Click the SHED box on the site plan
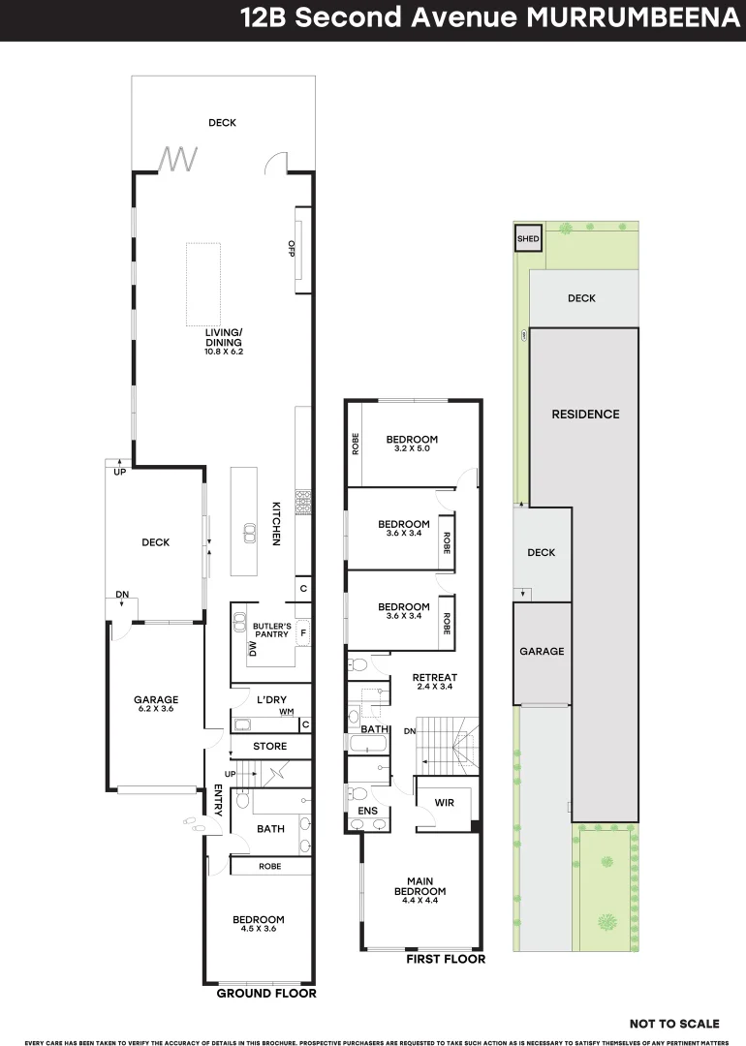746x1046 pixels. pos(528,238)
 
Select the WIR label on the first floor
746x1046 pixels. pos(444,803)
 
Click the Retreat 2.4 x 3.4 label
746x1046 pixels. pos(434,681)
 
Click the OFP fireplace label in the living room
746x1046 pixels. pos(292,248)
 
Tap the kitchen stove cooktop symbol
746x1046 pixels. pos(302,502)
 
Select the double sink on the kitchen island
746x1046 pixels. pos(248,532)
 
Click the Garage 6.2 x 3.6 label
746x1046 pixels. pos(155,704)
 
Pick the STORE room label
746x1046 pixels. pos(269,747)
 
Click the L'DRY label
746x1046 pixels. pos(270,699)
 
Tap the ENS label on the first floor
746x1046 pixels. pos(368,811)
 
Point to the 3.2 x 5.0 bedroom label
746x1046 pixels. pos(412,443)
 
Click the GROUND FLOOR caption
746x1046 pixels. pos(265,994)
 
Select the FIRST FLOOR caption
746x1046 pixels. pos(446,959)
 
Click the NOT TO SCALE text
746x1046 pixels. pos(674,1024)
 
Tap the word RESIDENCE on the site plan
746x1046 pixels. pos(585,415)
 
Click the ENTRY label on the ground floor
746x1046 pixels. pos(218,800)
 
